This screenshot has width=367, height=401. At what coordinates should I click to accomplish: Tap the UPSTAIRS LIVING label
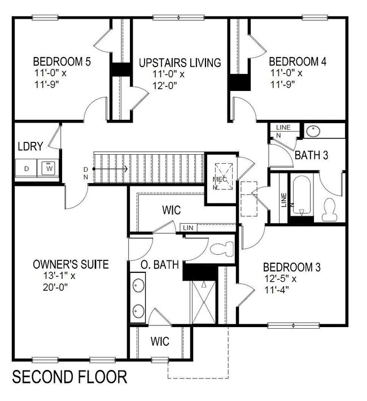pyautogui.click(x=180, y=62)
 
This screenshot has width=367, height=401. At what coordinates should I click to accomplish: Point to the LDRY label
pyautogui.click(x=30, y=146)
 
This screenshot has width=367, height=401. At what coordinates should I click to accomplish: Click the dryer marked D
pyautogui.click(x=25, y=168)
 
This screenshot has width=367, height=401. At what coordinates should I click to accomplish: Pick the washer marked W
pyautogui.click(x=48, y=168)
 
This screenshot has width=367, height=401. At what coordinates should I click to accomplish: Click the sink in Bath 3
pyautogui.click(x=313, y=130)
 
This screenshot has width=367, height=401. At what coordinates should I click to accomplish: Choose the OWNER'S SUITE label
pyautogui.click(x=71, y=264)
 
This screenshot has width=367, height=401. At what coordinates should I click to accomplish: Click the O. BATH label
pyautogui.click(x=160, y=264)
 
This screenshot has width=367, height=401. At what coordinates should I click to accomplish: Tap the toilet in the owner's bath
pyautogui.click(x=222, y=248)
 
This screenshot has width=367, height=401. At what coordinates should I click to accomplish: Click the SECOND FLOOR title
pyautogui.click(x=69, y=377)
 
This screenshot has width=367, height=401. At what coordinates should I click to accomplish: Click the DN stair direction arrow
pyautogui.click(x=110, y=168)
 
